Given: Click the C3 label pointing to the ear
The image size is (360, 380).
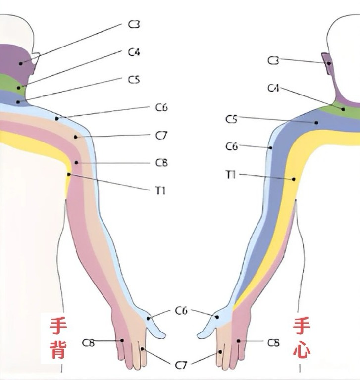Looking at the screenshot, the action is click(x=273, y=60).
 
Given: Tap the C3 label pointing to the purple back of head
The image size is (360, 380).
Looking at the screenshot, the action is click(x=134, y=24).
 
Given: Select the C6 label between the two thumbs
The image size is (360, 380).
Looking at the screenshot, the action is click(x=181, y=310).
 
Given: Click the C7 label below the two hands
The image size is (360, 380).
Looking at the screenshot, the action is click(x=181, y=365).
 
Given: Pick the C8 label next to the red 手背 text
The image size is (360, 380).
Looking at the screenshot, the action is click(x=88, y=343).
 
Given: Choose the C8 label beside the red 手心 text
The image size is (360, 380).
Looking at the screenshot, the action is click(x=273, y=343).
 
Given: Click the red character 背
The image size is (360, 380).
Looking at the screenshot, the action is click(x=58, y=349).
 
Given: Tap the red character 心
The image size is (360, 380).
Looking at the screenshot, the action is click(x=302, y=349).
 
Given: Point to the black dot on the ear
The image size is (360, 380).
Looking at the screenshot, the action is click(x=329, y=63).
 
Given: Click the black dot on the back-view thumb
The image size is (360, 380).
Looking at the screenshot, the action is click(x=148, y=318).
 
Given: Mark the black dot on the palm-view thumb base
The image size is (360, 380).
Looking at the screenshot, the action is click(x=217, y=317).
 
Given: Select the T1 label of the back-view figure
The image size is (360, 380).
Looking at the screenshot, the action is click(x=160, y=191).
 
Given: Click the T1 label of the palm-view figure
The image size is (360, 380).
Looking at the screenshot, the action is click(x=231, y=175).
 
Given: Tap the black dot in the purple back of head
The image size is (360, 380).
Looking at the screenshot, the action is click(x=21, y=63).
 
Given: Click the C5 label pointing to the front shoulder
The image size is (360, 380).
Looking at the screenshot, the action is click(x=231, y=119).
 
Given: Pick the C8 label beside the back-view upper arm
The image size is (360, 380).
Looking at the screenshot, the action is click(x=161, y=163).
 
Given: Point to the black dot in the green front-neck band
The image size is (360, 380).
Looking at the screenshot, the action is click(x=343, y=109).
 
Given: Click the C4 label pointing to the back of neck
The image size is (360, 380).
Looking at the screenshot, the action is click(x=134, y=52).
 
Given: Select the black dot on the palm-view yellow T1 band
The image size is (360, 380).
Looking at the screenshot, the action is click(x=294, y=179).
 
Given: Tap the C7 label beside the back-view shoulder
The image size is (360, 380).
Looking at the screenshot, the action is click(x=161, y=135).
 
